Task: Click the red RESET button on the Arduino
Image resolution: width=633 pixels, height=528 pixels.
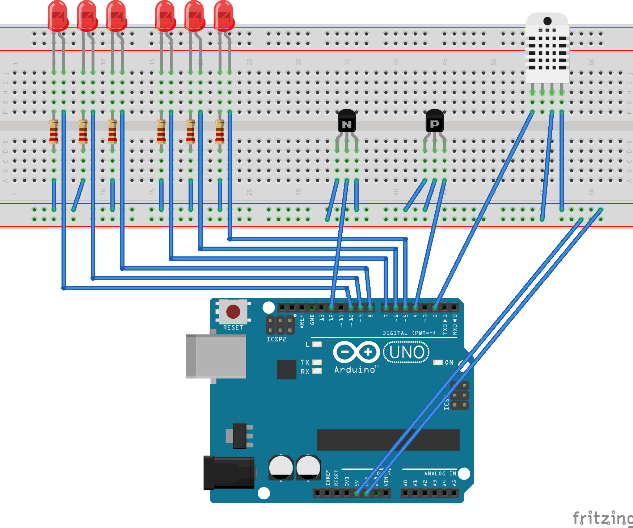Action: tap(233, 311)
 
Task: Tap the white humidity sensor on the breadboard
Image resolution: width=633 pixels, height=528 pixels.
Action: tap(547, 49)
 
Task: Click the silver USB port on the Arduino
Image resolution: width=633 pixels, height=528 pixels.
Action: tap(216, 356)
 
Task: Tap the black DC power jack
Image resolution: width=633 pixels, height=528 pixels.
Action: tap(229, 473)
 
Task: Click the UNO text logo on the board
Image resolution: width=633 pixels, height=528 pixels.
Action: tap(406, 352)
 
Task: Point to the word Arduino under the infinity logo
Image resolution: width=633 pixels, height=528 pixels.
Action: tap(355, 370)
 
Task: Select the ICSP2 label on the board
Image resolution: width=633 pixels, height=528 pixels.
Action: tap(277, 339)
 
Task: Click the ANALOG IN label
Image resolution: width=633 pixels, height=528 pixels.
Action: tap(440, 474)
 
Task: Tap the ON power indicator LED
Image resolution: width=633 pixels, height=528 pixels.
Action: tap(438, 363)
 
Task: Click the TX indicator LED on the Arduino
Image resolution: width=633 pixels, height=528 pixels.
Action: tap(317, 362)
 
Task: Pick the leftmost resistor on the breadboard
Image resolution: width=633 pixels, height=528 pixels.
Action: tap(54, 132)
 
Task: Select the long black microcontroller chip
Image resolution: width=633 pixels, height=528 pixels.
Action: tap(388, 440)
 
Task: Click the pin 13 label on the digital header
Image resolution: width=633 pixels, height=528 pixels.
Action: tap(321, 318)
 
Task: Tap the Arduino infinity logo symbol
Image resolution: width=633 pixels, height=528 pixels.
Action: tap(356, 352)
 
